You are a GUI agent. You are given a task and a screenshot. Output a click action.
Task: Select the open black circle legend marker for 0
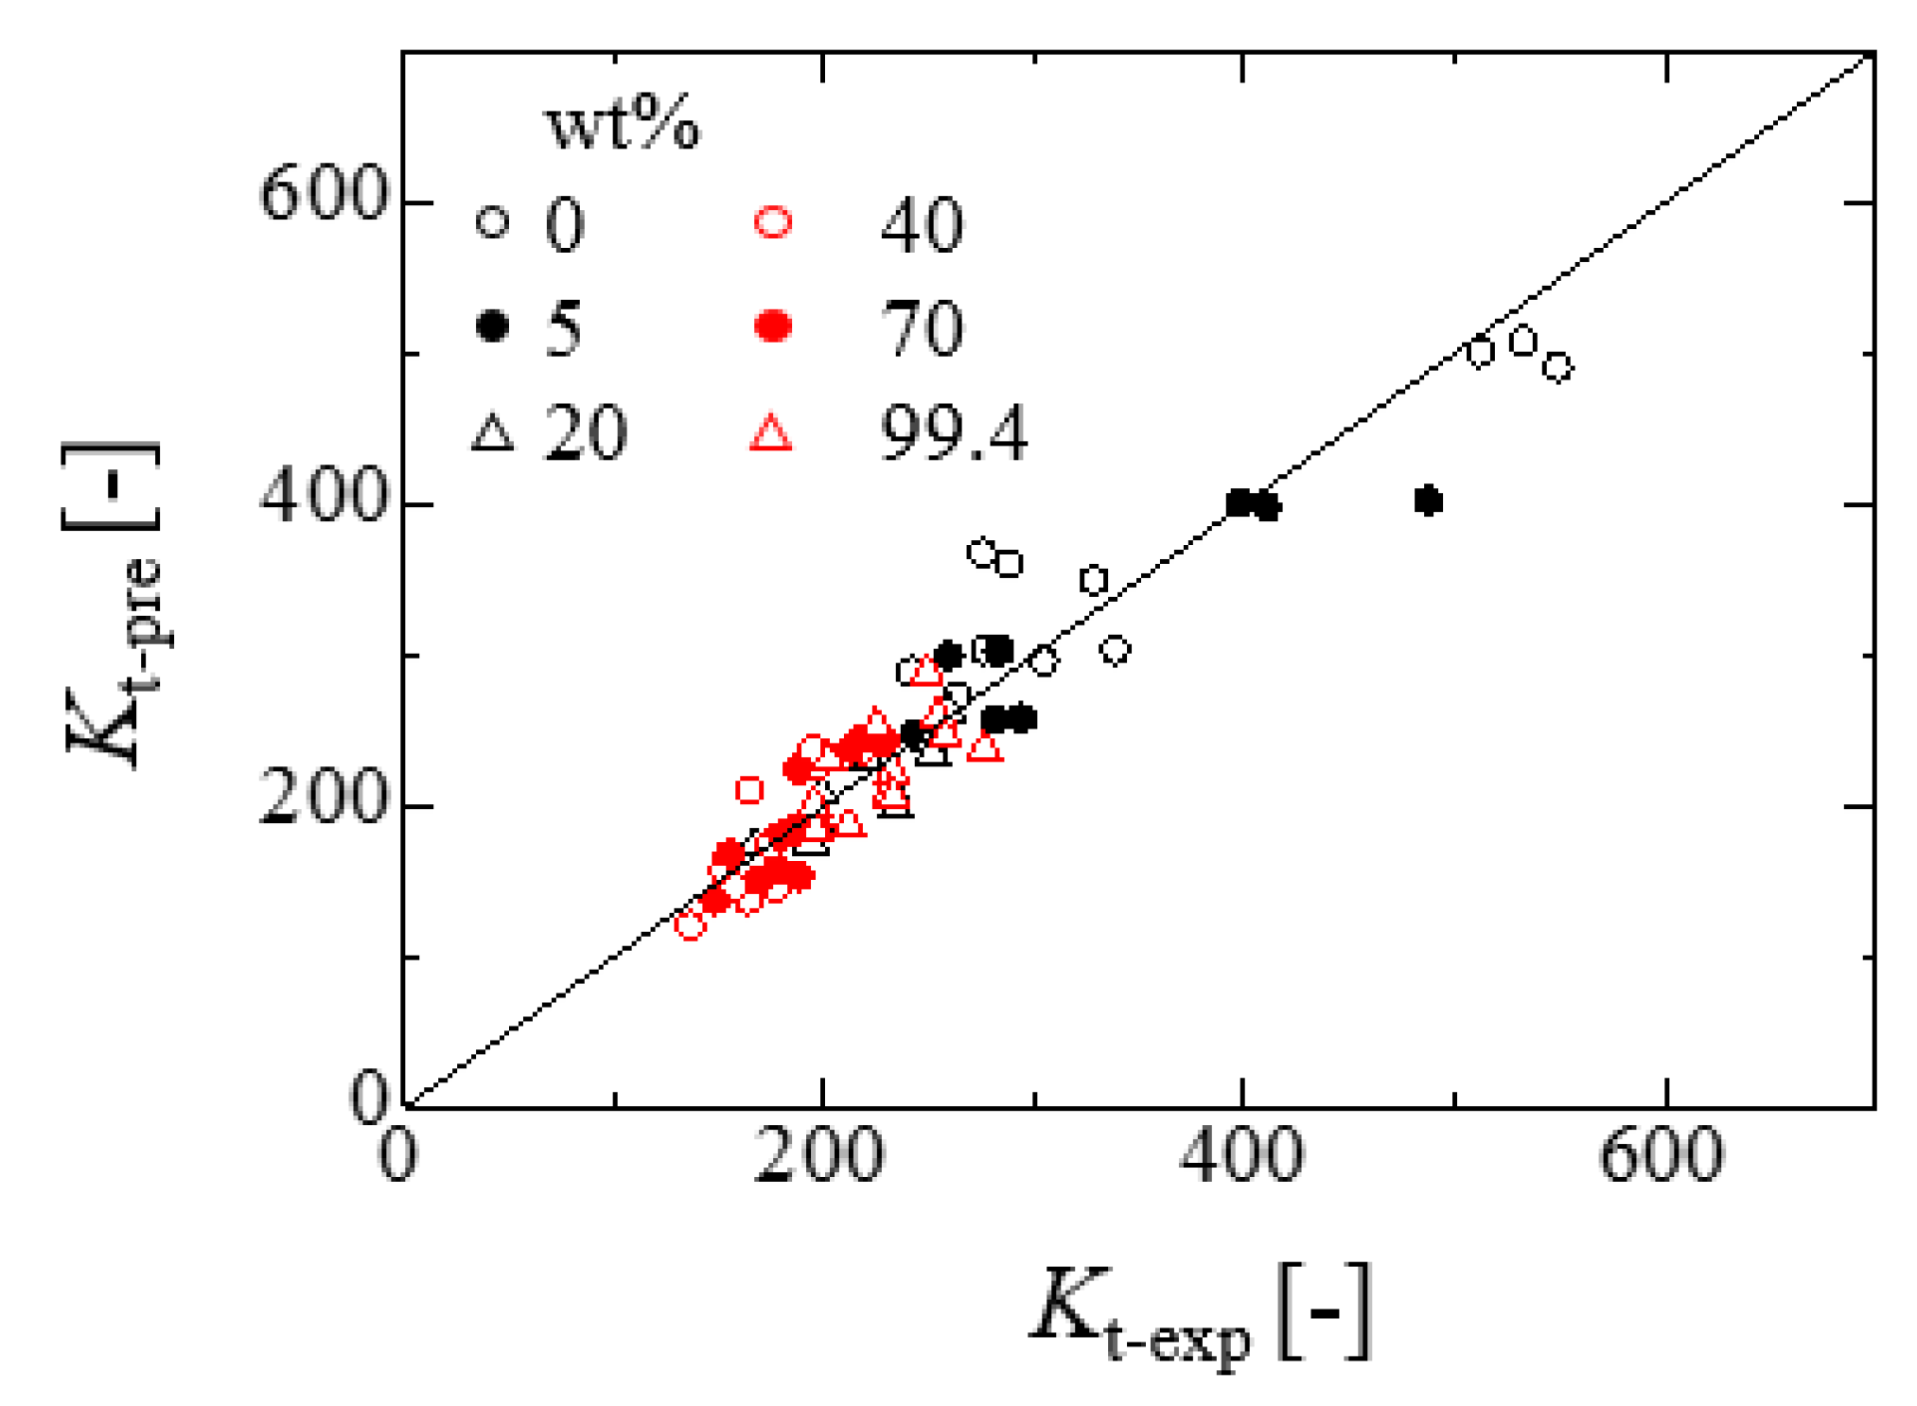pyautogui.click(x=492, y=222)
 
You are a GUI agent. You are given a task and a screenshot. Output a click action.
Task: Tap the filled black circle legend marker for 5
pyautogui.click(x=492, y=326)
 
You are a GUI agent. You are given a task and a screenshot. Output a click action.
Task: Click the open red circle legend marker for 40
pyautogui.click(x=773, y=222)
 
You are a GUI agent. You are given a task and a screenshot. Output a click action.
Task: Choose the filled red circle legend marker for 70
pyautogui.click(x=773, y=326)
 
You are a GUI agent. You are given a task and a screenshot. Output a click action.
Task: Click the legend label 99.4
pyautogui.click(x=952, y=433)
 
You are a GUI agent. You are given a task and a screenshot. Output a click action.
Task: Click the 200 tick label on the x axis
pyautogui.click(x=819, y=1155)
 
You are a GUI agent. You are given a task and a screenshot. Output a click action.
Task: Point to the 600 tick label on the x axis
pyautogui.click(x=1661, y=1155)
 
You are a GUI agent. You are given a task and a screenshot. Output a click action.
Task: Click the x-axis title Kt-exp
pyautogui.click(x=1198, y=1316)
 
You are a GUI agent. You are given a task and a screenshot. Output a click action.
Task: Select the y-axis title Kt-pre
pyautogui.click(x=112, y=606)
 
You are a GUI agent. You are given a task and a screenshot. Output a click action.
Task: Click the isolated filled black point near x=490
pyautogui.click(x=1428, y=501)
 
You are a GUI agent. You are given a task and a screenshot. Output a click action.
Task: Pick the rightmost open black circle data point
pyautogui.click(x=1557, y=366)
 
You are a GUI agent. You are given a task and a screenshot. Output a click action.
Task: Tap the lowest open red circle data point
pyautogui.click(x=690, y=925)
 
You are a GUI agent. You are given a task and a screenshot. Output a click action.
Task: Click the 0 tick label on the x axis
pyautogui.click(x=397, y=1155)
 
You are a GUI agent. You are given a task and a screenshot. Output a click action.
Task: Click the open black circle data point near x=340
pyautogui.click(x=1116, y=650)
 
